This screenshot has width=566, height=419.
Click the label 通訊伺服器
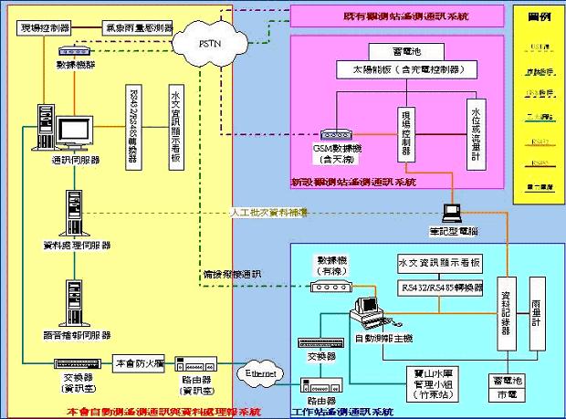click(x=76, y=160)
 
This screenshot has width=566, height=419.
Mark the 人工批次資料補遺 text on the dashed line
click(x=267, y=212)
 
